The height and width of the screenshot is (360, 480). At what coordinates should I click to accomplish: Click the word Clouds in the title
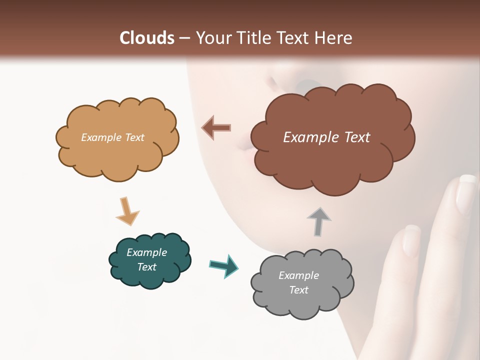(x=147, y=38)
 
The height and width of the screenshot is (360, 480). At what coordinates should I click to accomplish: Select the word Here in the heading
(x=334, y=38)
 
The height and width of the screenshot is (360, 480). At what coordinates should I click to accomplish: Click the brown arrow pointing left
(x=216, y=127)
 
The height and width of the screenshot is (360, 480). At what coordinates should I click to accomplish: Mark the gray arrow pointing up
(x=319, y=221)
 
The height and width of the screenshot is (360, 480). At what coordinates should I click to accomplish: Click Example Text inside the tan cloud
(x=112, y=137)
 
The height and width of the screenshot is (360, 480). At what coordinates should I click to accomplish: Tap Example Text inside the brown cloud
(x=326, y=137)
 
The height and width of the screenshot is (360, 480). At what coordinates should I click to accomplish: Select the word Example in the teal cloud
(x=146, y=252)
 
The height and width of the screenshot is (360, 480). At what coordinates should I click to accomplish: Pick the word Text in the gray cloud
(x=298, y=290)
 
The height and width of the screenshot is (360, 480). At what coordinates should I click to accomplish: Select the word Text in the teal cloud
(x=146, y=267)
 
